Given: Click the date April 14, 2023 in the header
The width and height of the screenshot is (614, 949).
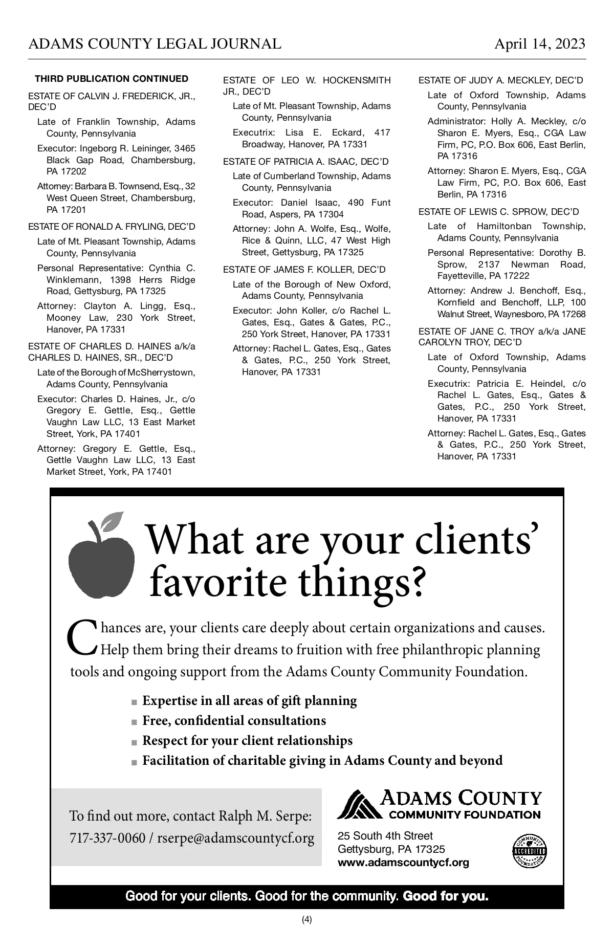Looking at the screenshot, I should coord(539,44).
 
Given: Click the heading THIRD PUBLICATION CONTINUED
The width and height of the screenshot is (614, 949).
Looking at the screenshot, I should coord(112,79).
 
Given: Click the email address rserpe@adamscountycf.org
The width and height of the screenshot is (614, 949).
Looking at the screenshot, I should coord(236,838).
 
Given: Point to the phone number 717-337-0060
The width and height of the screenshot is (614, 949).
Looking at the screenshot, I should coord(107,838).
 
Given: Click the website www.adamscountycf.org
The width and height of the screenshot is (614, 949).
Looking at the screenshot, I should coord(403,863).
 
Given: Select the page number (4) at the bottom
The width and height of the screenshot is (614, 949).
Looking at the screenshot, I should coord(307,919).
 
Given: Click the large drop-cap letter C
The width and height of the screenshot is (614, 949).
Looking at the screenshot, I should coord(81,637).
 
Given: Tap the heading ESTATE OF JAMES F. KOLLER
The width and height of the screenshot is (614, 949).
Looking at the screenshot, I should coord(304,270).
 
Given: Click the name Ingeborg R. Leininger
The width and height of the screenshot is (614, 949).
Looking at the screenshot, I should coord(125,148).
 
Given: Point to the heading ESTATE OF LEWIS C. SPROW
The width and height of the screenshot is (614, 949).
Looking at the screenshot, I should coord(498,212).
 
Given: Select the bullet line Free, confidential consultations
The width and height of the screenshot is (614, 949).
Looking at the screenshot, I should coord(234,720).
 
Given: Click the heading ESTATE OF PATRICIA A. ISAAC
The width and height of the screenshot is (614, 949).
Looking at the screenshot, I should coord(305,162).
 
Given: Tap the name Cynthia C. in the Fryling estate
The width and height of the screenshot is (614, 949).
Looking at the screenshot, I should coord(172,268).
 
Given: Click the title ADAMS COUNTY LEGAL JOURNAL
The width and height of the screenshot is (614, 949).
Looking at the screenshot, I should coord(155,44).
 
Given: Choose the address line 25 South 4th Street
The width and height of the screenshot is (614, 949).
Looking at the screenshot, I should coord(385,836).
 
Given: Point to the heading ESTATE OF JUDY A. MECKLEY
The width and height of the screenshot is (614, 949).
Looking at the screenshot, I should coord(500,80).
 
